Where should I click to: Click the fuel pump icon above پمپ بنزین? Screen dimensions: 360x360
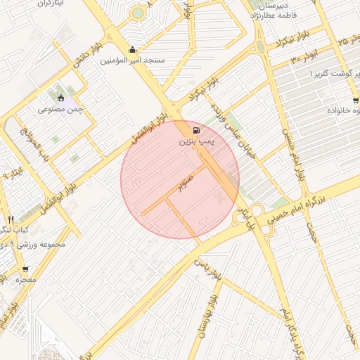pos(194,130)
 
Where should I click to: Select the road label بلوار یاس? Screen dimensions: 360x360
pos(207,270)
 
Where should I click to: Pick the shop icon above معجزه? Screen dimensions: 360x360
pos(25,268)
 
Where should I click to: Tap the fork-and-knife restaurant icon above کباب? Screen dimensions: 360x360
pos(11,219)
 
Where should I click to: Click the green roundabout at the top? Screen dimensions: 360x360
pos(138,13)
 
